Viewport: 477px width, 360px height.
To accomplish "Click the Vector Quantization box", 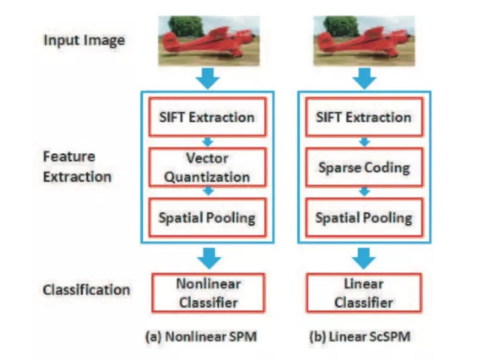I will pos(208,167).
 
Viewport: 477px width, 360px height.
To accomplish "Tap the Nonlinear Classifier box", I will pos(208,292).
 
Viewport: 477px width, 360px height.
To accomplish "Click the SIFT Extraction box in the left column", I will pos(208,118).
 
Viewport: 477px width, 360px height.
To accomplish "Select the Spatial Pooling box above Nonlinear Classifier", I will pos(208,217).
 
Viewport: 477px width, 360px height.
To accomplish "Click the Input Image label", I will pos(84,40).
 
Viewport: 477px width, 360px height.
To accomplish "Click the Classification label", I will pos(85,290).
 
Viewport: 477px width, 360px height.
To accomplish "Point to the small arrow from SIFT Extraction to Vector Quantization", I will pos(208,142).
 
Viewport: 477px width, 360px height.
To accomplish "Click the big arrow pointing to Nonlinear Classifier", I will pos(208,255).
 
